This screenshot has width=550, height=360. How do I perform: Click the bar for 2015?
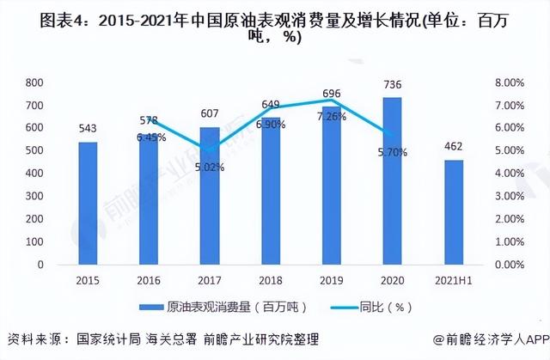click(87, 204)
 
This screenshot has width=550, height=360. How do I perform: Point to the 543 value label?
click(87, 128)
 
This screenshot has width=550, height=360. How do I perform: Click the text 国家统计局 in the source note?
click(110, 339)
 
